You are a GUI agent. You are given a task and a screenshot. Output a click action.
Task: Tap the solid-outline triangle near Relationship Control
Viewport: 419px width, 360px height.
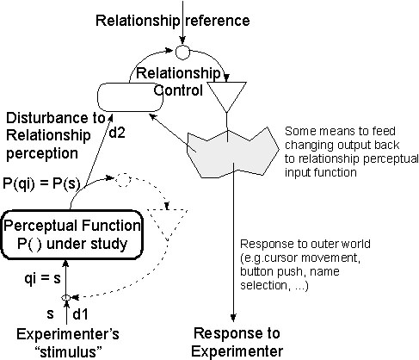(x=227, y=93)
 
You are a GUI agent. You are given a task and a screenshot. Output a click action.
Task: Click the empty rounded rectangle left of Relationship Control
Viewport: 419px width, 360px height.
(x=130, y=96)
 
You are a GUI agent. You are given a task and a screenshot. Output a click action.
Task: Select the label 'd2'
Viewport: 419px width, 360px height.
(x=121, y=134)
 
